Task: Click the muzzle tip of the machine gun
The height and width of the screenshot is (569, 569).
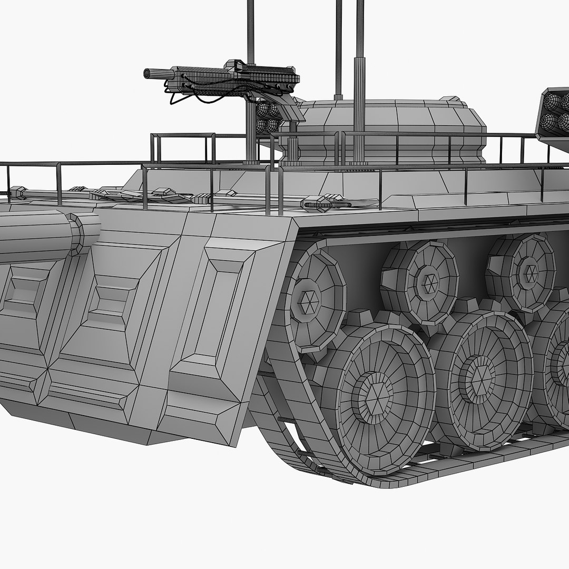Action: pos(147,73)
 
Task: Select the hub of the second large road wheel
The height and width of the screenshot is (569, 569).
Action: pos(479,376)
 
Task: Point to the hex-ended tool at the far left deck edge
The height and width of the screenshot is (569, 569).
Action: pos(18,192)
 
